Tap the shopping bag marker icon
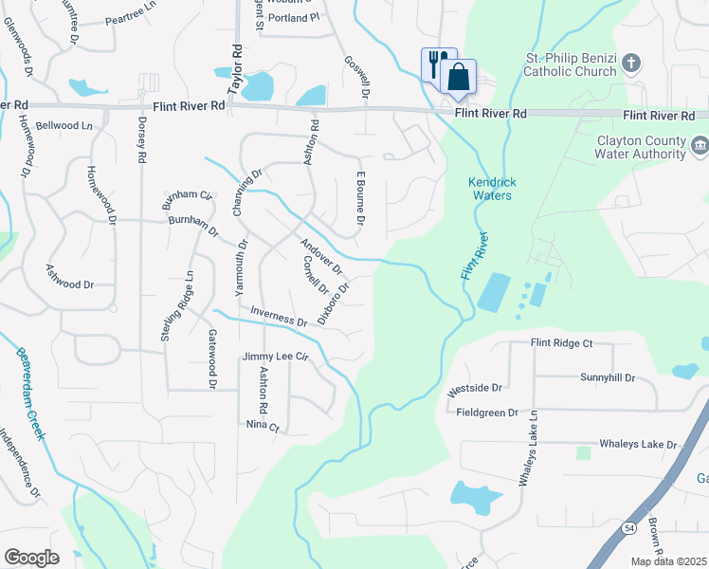tap(459, 78)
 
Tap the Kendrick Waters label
tap(490, 189)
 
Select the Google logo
tap(31, 558)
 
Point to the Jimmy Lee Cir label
tap(276, 358)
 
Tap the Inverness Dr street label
tap(279, 317)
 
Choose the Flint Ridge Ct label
tap(561, 342)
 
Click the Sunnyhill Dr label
tap(607, 377)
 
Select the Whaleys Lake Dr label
tap(639, 444)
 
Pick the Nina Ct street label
tap(262, 428)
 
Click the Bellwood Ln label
tap(64, 125)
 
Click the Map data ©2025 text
tap(669, 561)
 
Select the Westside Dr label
tap(474, 388)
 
